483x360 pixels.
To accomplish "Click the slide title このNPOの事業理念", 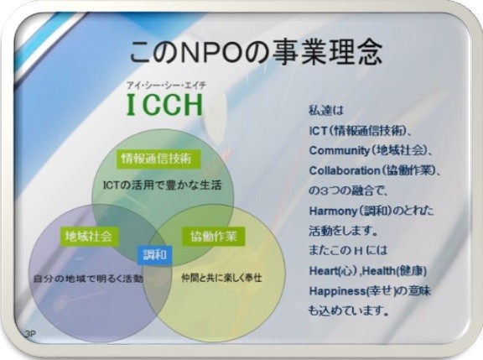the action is pyautogui.click(x=257, y=53).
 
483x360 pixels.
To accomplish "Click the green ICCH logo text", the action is pyautogui.click(x=165, y=104).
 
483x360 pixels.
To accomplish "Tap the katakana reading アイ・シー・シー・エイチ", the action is pyautogui.click(x=166, y=85).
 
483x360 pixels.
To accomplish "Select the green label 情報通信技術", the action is pyautogui.click(x=157, y=159).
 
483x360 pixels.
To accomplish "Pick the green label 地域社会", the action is pyautogui.click(x=89, y=237).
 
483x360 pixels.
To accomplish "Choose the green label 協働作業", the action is pyautogui.click(x=214, y=237).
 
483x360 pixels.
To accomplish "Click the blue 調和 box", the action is pyautogui.click(x=154, y=255).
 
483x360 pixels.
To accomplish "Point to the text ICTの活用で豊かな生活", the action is pyautogui.click(x=162, y=185).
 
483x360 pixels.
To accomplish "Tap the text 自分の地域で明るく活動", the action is pyautogui.click(x=88, y=279).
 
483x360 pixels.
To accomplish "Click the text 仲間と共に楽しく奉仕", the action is pyautogui.click(x=221, y=278).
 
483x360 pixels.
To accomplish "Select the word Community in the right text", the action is pyautogui.click(x=339, y=151).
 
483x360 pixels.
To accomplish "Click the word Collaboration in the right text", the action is pyautogui.click(x=345, y=170).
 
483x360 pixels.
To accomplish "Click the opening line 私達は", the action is pyautogui.click(x=326, y=111).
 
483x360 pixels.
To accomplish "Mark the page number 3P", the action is pyautogui.click(x=29, y=335).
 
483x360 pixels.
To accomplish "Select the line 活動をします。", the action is pyautogui.click(x=343, y=231).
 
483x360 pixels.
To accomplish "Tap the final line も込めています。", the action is pyautogui.click(x=348, y=310).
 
